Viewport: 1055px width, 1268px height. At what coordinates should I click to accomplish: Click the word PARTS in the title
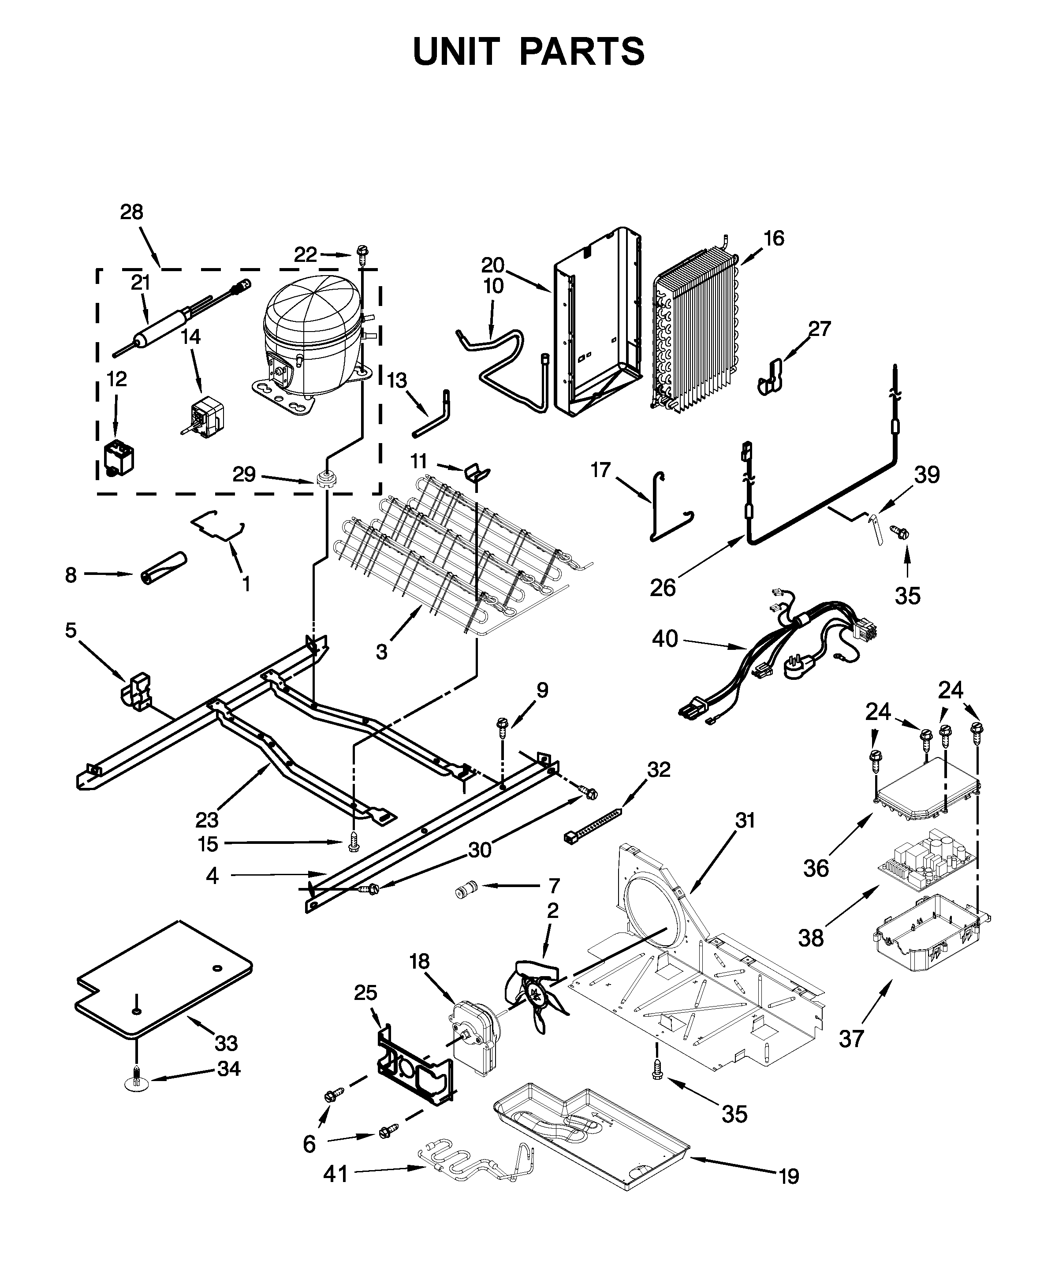pyautogui.click(x=582, y=52)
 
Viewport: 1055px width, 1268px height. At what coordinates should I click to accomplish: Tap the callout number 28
pyautogui.click(x=132, y=213)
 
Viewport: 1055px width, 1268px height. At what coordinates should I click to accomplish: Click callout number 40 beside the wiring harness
pyautogui.click(x=665, y=638)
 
